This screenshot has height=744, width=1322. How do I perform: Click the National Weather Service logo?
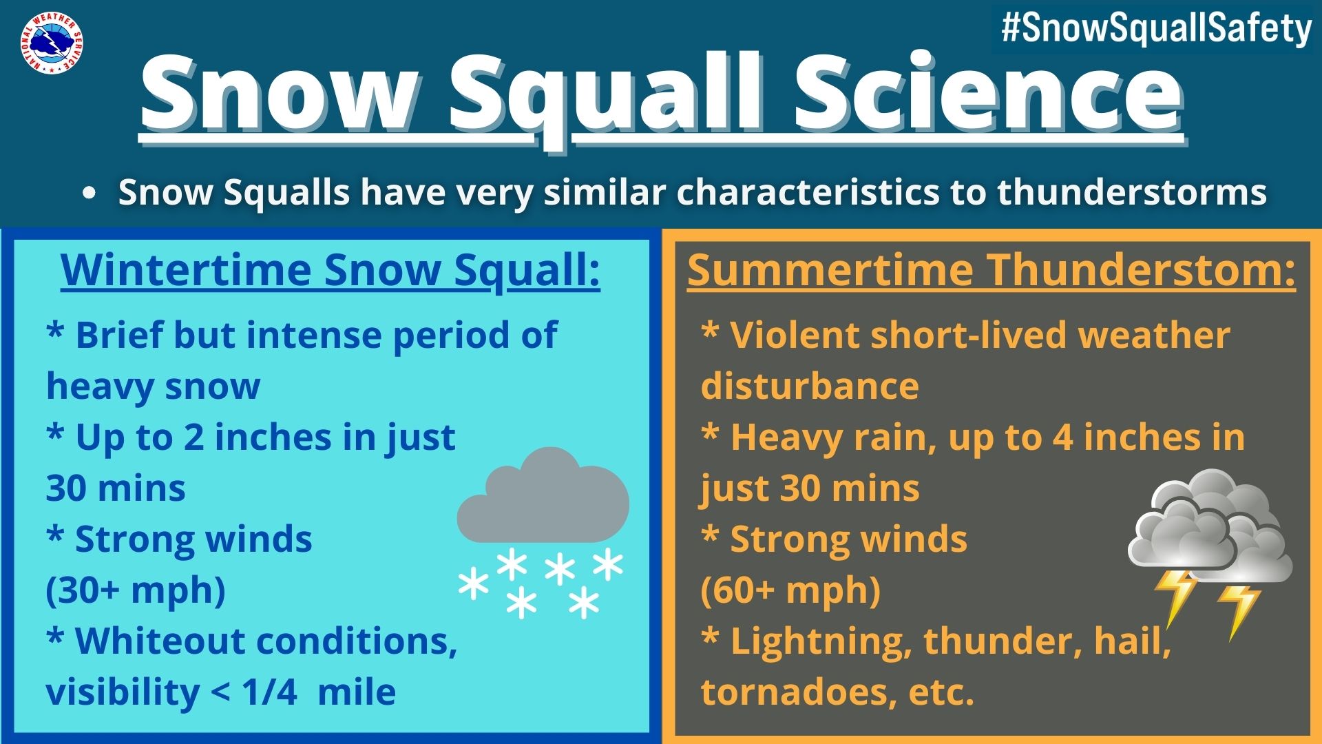point(52,43)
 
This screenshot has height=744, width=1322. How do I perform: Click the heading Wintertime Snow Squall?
point(330,269)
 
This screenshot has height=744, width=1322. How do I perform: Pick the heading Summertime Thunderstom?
point(992,269)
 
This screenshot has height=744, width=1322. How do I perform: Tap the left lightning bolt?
point(1176,598)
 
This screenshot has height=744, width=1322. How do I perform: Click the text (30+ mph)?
point(136,590)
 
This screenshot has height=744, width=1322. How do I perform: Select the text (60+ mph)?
point(790,590)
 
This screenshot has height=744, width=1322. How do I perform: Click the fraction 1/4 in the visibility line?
point(270,692)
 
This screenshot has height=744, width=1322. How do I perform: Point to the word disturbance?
point(810,386)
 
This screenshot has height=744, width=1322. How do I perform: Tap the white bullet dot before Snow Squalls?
point(88,194)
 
